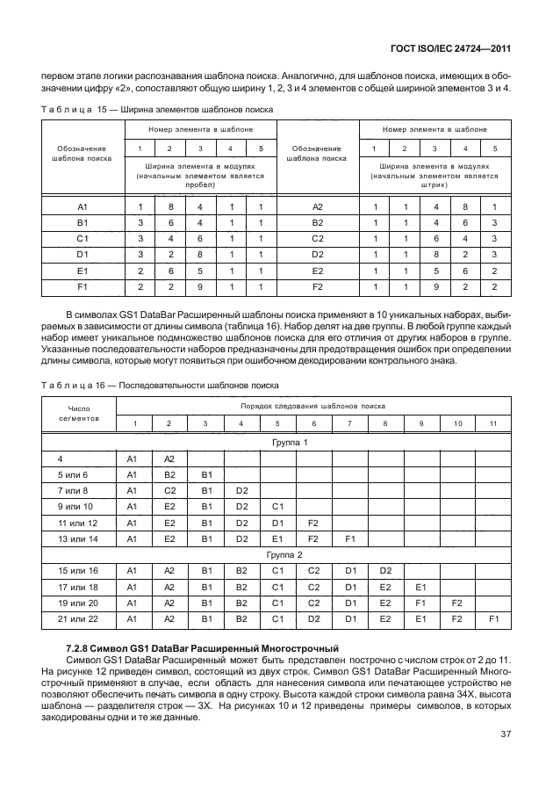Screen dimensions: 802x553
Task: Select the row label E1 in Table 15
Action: pyautogui.click(x=83, y=271)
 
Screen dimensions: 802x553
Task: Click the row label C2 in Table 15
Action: pyautogui.click(x=318, y=239)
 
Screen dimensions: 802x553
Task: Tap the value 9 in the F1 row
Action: pyautogui.click(x=199, y=286)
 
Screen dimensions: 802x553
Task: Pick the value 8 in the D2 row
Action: pyautogui.click(x=434, y=255)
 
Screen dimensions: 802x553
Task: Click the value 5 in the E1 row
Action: pyautogui.click(x=199, y=271)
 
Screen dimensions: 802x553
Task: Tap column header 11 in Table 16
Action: pyautogui.click(x=492, y=424)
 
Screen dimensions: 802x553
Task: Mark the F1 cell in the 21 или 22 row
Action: pyautogui.click(x=492, y=618)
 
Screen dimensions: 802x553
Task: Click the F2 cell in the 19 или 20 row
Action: pyautogui.click(x=456, y=603)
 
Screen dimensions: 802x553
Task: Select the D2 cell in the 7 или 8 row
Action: pyautogui.click(x=241, y=490)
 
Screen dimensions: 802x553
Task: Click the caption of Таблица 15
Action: pyautogui.click(x=156, y=109)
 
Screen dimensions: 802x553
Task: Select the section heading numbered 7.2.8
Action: pyautogui.click(x=197, y=647)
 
